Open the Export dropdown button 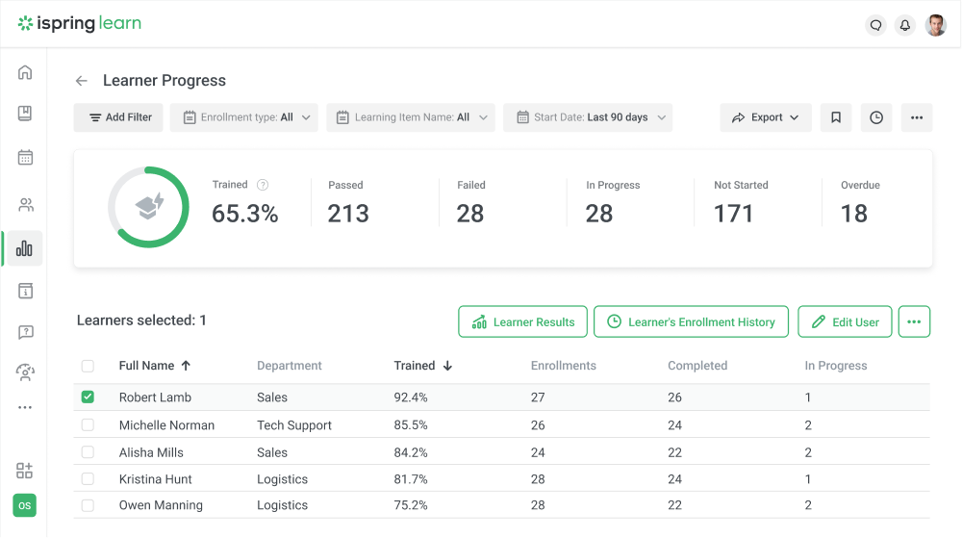(766, 117)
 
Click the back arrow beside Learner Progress (82, 81)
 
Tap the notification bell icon (904, 26)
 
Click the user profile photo (935, 26)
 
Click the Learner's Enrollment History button (691, 322)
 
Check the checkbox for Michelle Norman (89, 424)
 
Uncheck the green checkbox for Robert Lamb (89, 397)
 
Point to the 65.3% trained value (245, 214)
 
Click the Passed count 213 (348, 214)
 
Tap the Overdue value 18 (854, 214)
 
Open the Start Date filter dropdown (588, 117)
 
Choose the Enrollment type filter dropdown (244, 117)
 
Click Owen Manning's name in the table (161, 505)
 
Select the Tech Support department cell (294, 425)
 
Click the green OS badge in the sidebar (25, 505)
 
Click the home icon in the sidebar (25, 72)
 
